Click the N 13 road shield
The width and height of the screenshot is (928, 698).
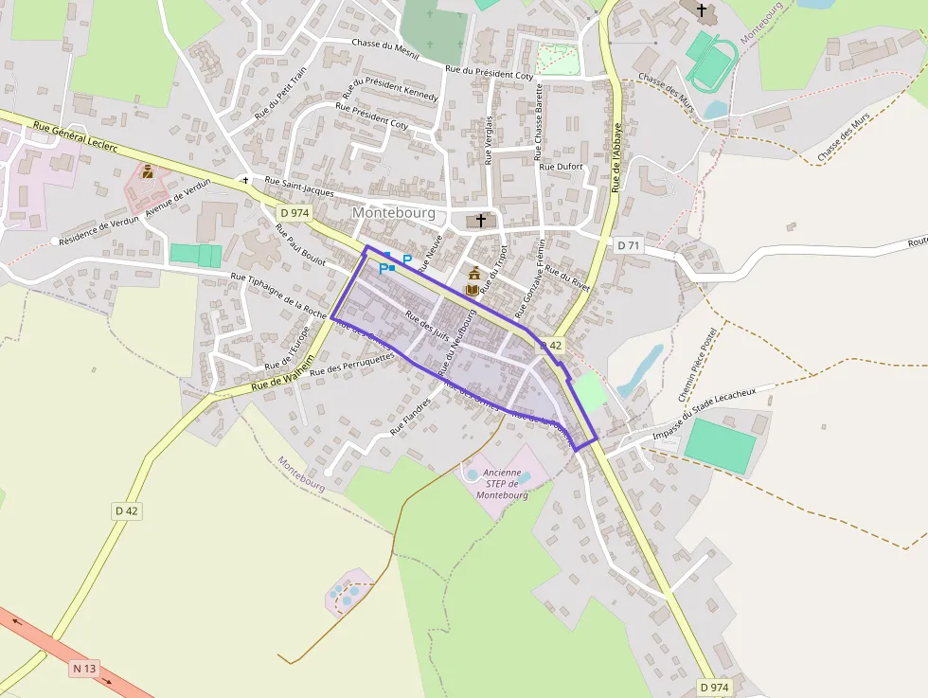coord(84,669)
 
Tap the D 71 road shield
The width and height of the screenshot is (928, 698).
coord(629,245)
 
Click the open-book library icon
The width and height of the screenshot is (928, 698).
coord(473,289)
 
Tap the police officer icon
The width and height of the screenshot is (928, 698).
coord(148,171)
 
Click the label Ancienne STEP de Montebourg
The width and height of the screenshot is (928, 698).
coord(501,483)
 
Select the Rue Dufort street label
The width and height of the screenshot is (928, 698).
coord(561,167)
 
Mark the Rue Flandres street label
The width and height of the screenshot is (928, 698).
coord(411,417)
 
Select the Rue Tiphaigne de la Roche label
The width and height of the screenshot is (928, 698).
coord(278,295)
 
